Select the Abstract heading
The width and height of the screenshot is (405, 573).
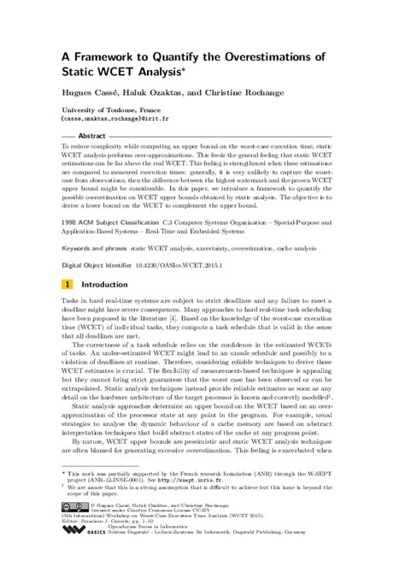(x=91, y=137)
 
